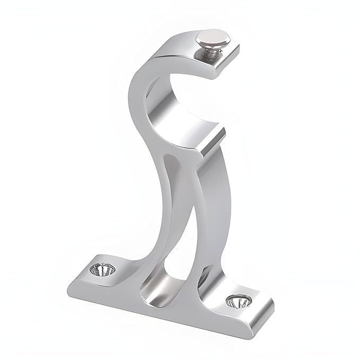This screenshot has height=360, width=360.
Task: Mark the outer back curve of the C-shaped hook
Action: click(135, 95)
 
